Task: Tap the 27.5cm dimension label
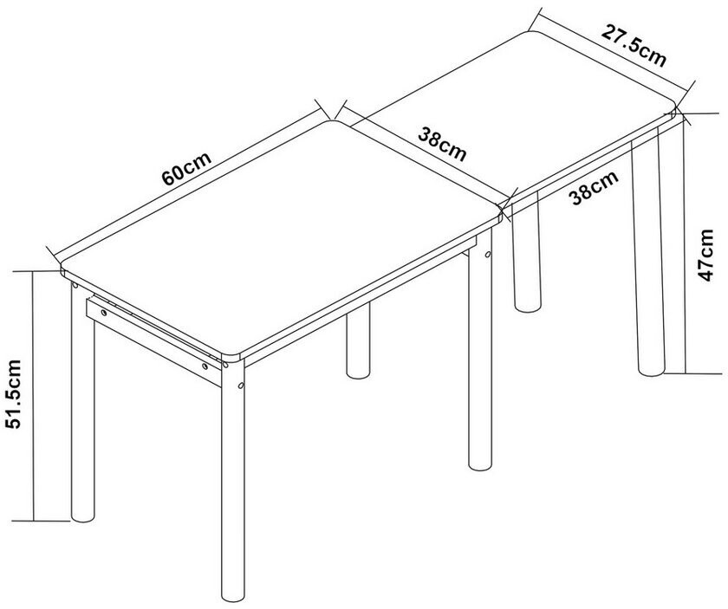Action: [634, 46]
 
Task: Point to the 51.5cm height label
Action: [13, 393]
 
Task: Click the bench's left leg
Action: [527, 251]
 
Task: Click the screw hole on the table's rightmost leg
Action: [488, 254]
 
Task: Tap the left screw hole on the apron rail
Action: [104, 313]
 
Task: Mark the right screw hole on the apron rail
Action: [205, 366]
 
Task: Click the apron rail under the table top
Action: [153, 341]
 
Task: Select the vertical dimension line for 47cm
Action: [686, 243]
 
